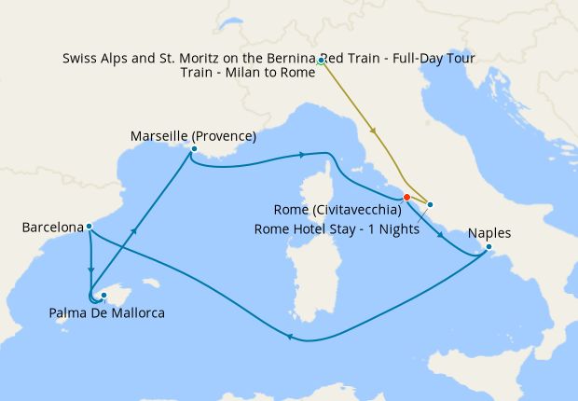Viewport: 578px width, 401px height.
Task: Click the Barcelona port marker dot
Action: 89,226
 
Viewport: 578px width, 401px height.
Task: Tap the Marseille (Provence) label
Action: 193,136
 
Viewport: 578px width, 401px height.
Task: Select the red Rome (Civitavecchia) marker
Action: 406,197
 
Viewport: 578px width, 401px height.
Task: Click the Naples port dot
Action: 486,247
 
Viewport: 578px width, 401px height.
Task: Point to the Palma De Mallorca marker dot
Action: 104,296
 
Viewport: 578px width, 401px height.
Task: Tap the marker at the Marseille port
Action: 193,149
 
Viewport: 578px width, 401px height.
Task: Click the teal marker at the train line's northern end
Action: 321,62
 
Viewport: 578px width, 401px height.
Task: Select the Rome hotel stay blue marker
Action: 430,204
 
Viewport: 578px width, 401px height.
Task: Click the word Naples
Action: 489,232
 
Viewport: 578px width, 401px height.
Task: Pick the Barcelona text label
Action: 51,227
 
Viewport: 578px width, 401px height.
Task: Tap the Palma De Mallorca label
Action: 106,313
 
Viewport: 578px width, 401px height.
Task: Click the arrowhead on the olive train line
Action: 374,131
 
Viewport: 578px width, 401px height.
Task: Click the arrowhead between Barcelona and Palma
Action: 90,271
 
